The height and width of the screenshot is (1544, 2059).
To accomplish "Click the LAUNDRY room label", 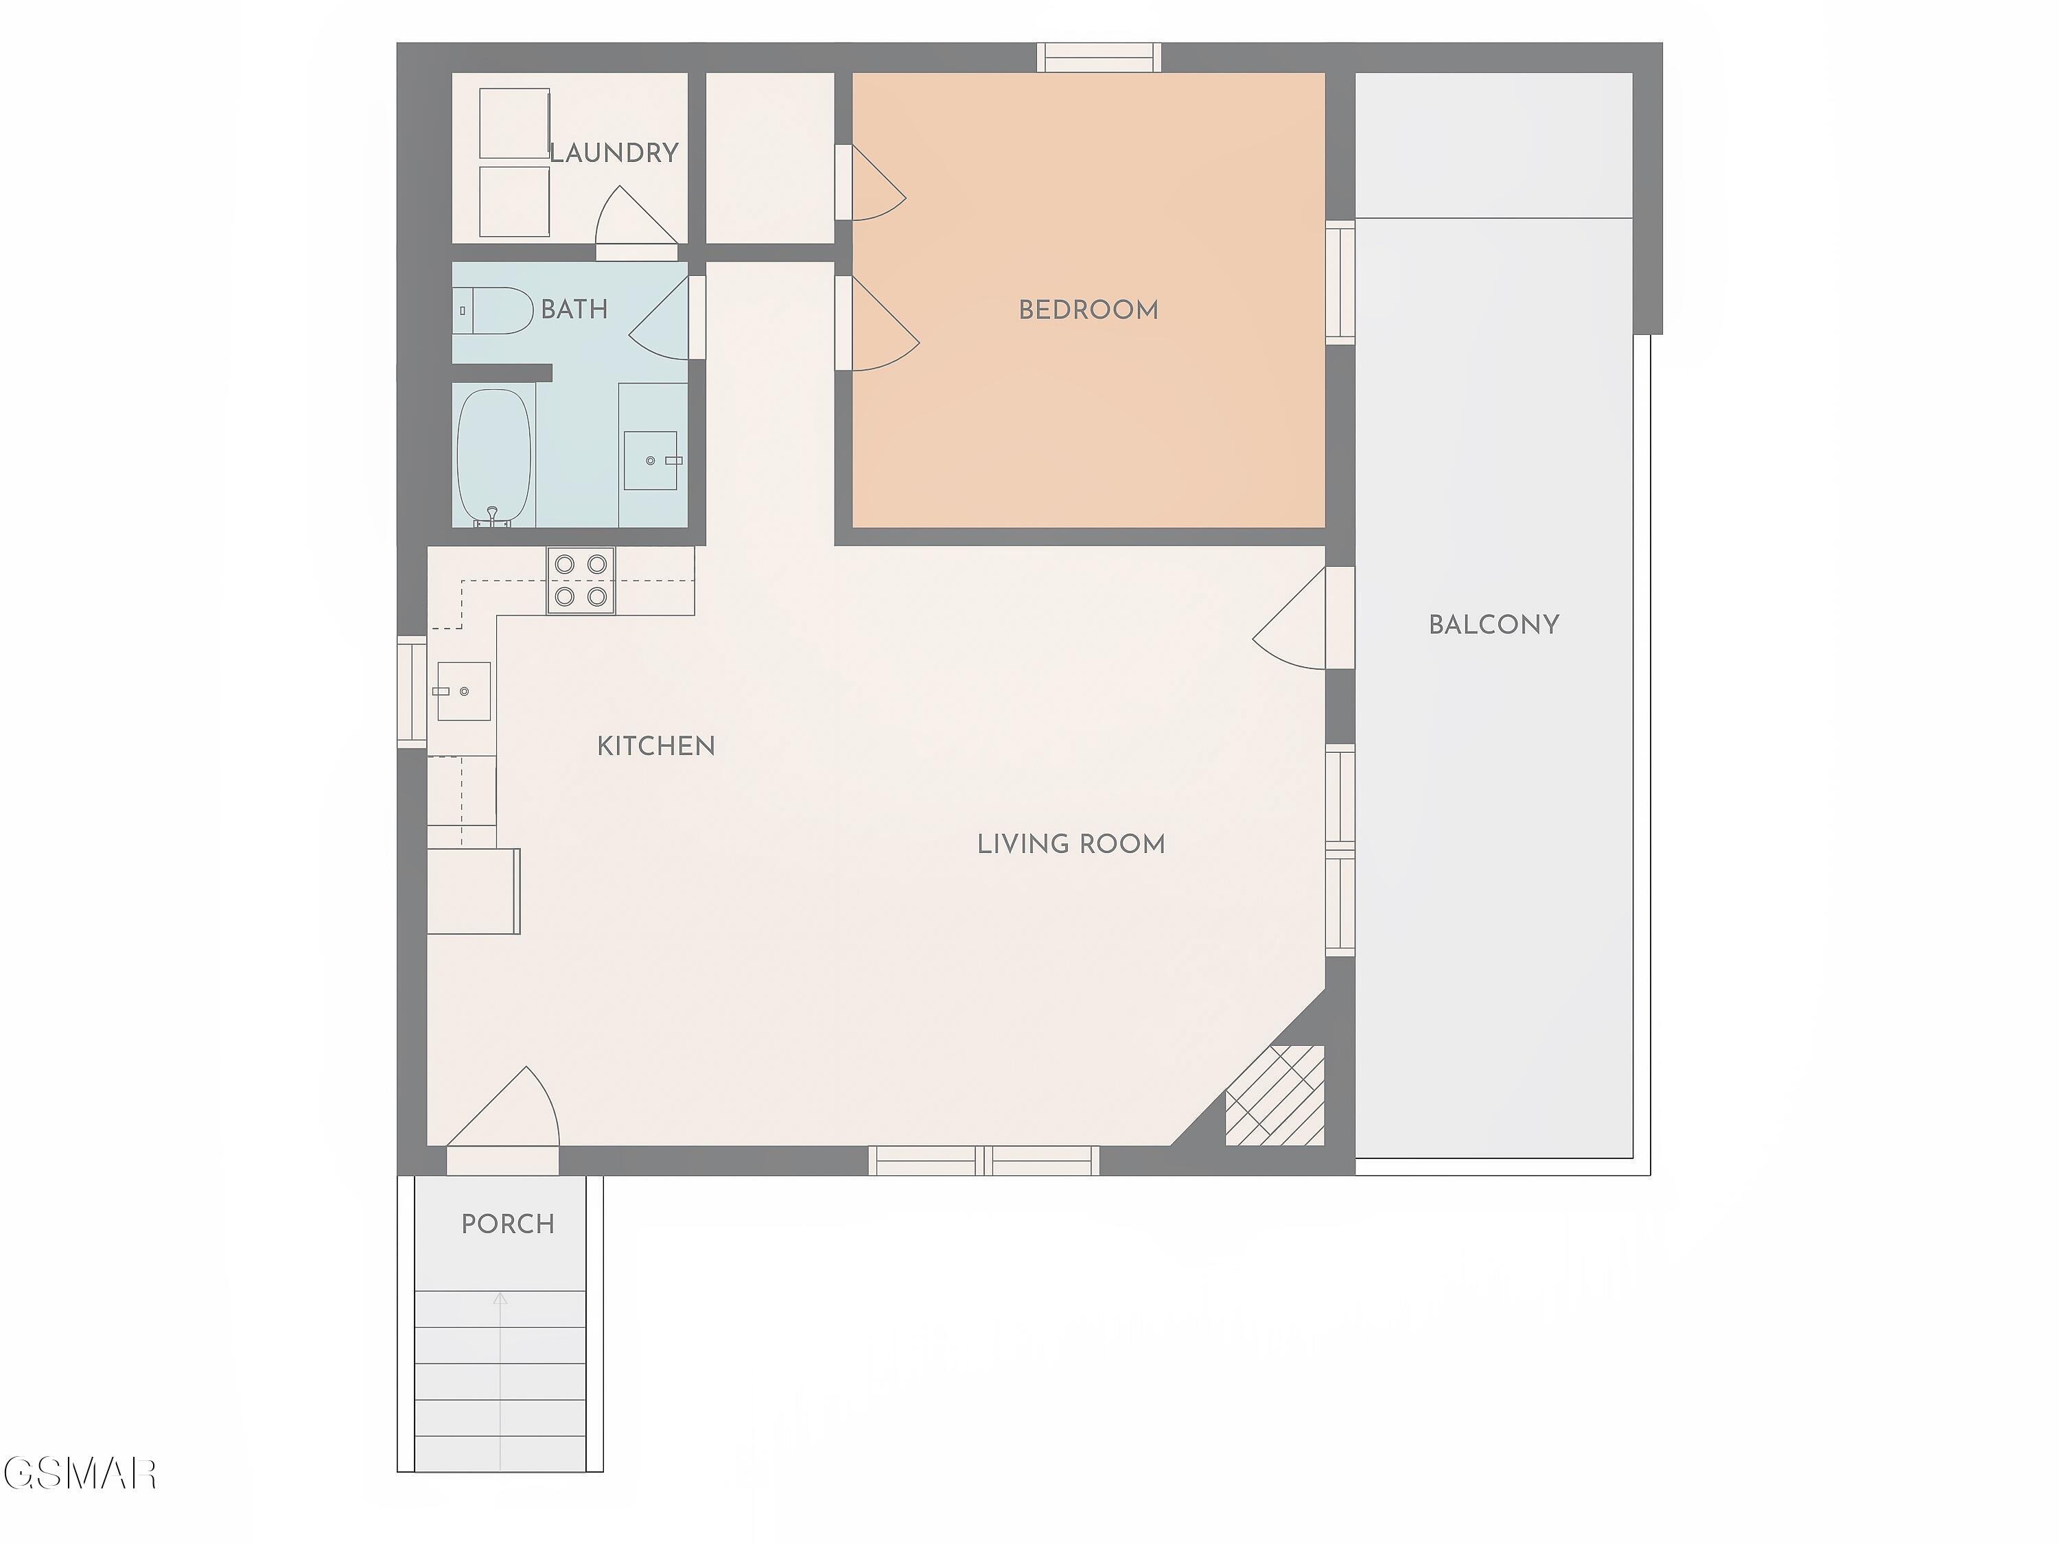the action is (614, 152).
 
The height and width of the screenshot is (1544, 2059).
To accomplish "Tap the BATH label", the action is (574, 309).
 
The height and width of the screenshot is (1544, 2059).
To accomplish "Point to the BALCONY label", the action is (1494, 624).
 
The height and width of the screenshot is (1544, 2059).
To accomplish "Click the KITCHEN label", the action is (656, 745).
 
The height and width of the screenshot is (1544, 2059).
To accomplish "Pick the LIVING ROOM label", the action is (1071, 844).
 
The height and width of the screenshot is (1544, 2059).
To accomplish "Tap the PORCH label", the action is (509, 1224).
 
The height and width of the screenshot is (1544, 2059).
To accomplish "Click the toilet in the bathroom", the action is (493, 311).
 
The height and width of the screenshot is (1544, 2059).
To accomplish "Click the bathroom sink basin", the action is (651, 460).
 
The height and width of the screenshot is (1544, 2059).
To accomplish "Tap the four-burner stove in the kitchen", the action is (581, 580).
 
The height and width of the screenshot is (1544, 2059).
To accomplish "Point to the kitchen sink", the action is (463, 692).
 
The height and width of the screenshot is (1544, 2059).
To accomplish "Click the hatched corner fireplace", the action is (1275, 1095).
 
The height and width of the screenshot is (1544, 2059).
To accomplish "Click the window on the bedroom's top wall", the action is (1100, 57).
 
